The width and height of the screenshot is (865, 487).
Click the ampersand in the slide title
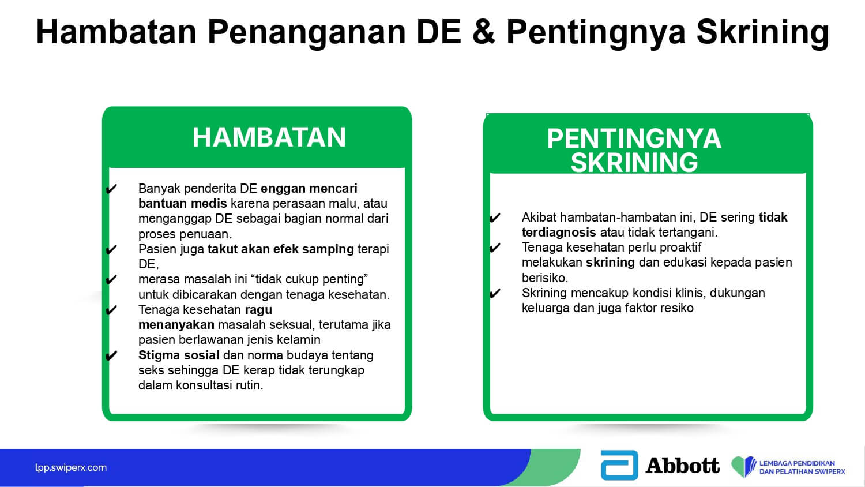coord(483,32)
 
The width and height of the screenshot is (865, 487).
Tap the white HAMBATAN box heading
coord(269,137)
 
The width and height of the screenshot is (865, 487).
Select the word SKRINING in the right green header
coord(634,162)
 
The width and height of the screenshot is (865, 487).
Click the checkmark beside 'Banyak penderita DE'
coord(111,189)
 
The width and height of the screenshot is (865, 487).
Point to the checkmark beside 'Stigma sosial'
coord(111,355)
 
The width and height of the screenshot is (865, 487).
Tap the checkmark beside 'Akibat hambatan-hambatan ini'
coord(495,218)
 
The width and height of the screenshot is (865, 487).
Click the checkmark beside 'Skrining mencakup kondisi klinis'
coord(495,293)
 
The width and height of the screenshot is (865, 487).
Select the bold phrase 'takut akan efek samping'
coord(281,249)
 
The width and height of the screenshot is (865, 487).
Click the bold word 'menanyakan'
coord(176,325)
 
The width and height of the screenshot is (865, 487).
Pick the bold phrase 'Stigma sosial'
coord(179,355)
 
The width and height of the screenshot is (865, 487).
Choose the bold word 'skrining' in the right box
coord(610,263)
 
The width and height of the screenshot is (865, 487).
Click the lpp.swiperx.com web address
coord(71,468)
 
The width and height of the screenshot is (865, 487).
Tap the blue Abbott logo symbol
coord(619,465)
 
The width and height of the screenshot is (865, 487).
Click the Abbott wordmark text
coord(683,465)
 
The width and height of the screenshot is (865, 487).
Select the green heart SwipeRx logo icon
coord(743,466)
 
